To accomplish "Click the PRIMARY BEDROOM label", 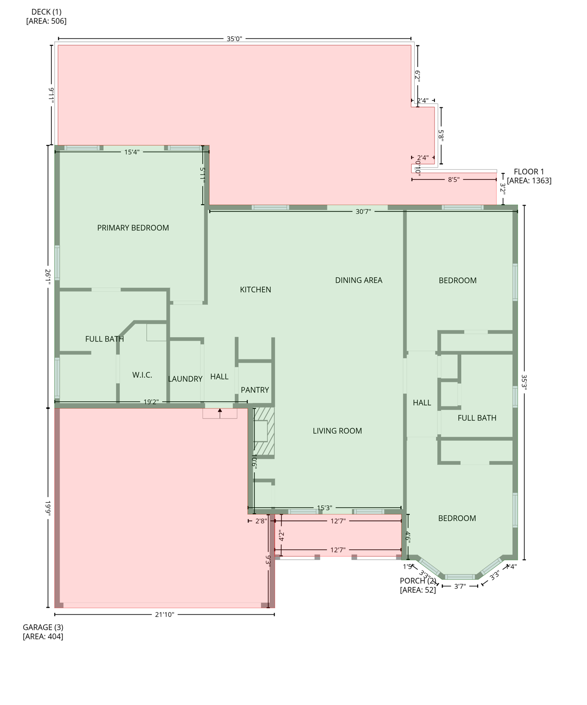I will pos(133,228).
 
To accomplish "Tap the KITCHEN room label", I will pos(255,290).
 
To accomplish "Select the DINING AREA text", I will pos(358,280).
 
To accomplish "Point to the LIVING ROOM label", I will pos(337,431).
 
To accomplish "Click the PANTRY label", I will pos(254,390).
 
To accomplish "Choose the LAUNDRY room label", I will pos(185,379).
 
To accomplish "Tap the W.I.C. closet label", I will pos(142,375).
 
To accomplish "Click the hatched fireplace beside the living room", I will pos(264,431).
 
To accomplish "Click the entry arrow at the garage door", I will pos(220,413).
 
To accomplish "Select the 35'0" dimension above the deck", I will pos(234,39).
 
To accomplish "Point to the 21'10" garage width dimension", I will pos(164,615).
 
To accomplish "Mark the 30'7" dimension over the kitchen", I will pos(363,212).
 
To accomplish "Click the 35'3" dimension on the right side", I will pos(524,382).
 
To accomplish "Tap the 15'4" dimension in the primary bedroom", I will pos(132,152).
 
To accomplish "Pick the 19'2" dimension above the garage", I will pos(151,402).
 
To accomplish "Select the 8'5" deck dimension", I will pos(453,179).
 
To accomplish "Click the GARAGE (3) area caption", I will pos(43,632).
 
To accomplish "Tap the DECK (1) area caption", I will pos(46,16).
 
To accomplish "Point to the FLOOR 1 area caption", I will pos(529,176).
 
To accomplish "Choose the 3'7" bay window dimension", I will pos(460,586).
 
